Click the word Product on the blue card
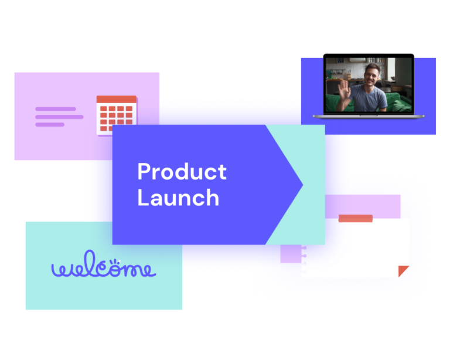tap(182, 171)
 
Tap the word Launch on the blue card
tap(178, 197)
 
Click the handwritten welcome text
tap(104, 264)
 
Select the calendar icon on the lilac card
tap(117, 116)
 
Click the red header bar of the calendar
tap(117, 99)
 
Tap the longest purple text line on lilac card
tap(59, 117)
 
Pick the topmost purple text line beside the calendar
tap(56, 109)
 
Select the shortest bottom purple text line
tap(50, 125)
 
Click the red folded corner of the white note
tap(403, 270)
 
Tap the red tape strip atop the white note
tap(356, 219)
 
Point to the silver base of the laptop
tap(369, 117)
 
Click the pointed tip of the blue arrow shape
tap(302, 184)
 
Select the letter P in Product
tap(144, 171)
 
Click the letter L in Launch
tap(142, 197)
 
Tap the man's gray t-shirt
tap(369, 97)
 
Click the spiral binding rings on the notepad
tap(304, 260)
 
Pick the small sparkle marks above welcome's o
tap(115, 261)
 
